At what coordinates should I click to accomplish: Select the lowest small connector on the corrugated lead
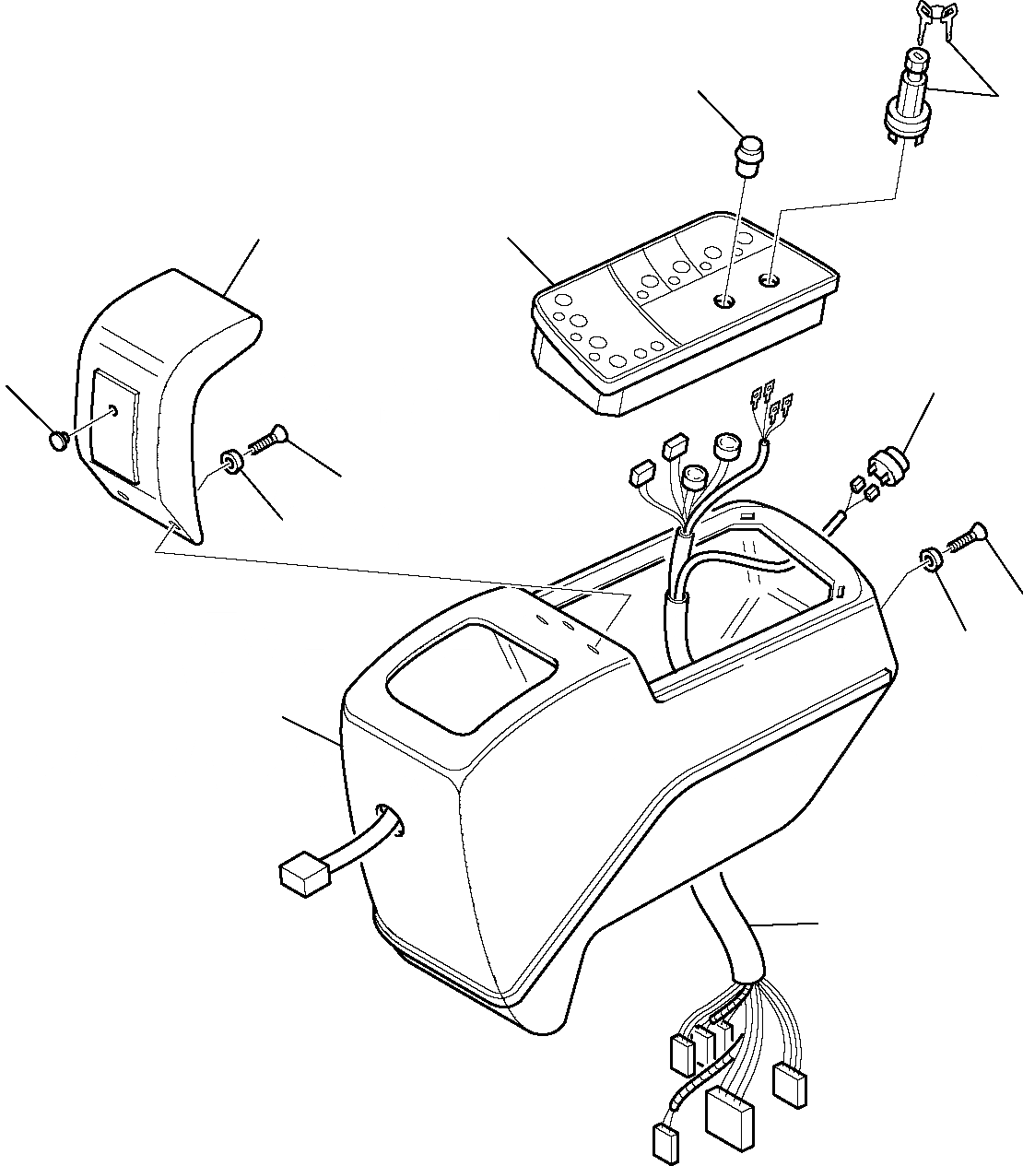pos(664,1141)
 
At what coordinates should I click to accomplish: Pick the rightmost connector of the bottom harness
pos(792,1083)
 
